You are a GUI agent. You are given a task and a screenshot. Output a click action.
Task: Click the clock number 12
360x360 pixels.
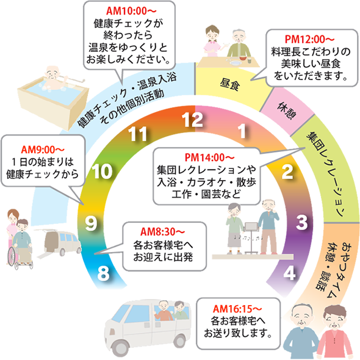tap(192, 120)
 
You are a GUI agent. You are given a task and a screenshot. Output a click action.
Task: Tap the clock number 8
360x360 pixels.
tap(103, 273)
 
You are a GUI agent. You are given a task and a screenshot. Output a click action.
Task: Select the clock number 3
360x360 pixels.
tap(301, 222)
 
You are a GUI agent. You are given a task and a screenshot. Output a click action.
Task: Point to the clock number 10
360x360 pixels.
tap(102, 171)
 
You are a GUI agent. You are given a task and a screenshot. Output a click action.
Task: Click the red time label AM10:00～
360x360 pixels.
tap(131, 11)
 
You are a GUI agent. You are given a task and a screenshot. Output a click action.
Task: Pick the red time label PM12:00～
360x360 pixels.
tap(309, 39)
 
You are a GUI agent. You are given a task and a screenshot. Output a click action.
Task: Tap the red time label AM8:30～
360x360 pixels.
tap(162, 232)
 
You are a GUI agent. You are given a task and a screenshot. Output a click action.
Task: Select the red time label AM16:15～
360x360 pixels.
tap(237, 309)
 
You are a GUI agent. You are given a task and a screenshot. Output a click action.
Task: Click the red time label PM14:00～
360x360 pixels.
tap(209, 157)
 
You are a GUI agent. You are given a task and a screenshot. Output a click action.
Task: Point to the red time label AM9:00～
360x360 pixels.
tap(43, 149)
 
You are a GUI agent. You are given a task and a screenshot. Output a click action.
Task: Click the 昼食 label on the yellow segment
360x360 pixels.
tap(230, 84)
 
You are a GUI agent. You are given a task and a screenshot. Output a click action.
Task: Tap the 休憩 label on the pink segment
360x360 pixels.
tap(287, 111)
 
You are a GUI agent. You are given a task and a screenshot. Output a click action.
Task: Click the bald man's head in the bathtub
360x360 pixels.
tap(52, 73)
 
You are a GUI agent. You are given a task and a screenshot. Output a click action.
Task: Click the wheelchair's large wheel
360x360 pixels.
tap(13, 256)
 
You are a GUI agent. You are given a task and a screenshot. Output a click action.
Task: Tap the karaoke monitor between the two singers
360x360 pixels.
tap(251, 227)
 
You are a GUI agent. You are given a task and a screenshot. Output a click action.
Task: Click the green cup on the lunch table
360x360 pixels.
tap(250, 60)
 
